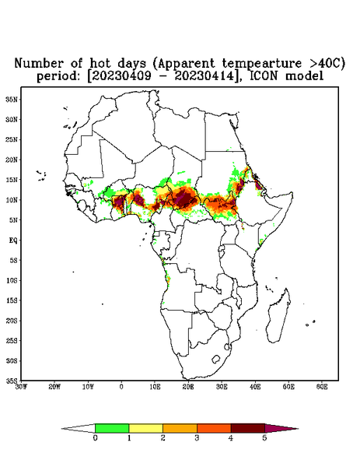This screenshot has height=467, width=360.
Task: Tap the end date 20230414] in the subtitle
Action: click(x=205, y=76)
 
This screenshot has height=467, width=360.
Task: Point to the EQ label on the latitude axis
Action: click(x=13, y=240)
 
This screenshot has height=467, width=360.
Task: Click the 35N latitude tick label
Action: click(x=12, y=100)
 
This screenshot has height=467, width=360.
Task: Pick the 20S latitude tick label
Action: click(x=12, y=321)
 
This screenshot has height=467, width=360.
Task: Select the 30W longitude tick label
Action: click(x=21, y=387)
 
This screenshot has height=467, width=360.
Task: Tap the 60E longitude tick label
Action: click(x=322, y=387)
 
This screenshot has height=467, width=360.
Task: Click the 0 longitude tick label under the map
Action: click(x=121, y=387)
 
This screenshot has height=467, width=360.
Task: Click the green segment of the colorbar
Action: click(x=112, y=428)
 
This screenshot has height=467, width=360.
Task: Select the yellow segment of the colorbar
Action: click(x=145, y=428)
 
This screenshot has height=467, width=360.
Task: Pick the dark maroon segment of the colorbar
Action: click(x=248, y=428)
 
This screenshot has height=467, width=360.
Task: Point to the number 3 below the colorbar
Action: click(x=197, y=438)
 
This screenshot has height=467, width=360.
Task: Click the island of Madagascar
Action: click(x=279, y=316)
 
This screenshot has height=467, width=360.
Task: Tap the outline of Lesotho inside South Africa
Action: click(x=216, y=359)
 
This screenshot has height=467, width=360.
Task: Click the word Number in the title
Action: click(x=40, y=64)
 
